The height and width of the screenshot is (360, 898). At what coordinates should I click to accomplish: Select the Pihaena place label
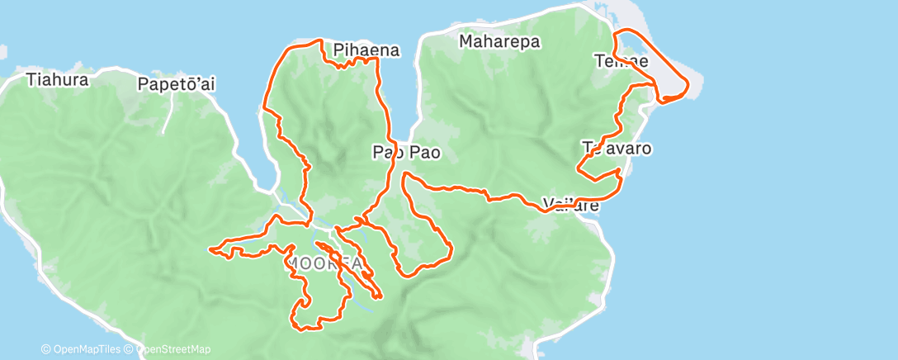[366, 50]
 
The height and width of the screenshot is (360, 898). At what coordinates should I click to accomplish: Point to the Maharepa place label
[499, 40]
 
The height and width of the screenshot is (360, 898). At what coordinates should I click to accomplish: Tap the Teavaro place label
[617, 149]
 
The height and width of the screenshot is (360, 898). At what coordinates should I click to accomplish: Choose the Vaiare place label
[570, 204]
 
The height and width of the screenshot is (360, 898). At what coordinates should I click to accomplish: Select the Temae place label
[621, 61]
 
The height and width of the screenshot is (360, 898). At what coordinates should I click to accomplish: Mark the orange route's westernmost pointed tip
[211, 248]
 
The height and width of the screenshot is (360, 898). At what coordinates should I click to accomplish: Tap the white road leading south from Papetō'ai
[168, 116]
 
